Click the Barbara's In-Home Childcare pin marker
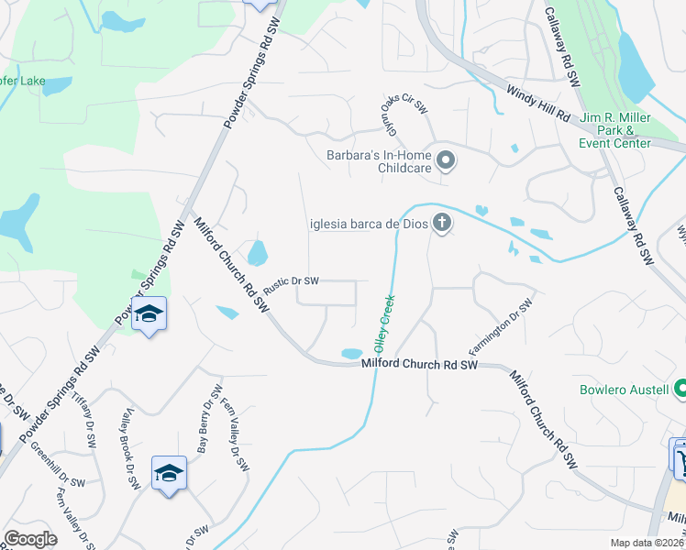click(x=446, y=161)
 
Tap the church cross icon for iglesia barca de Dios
click(x=442, y=223)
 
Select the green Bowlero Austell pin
click(x=680, y=389)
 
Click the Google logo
click(x=31, y=539)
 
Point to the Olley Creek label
click(x=383, y=324)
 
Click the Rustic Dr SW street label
click(x=291, y=281)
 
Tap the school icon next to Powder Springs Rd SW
click(x=148, y=315)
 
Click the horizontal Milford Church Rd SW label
click(x=421, y=365)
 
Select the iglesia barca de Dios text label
click(x=366, y=223)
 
